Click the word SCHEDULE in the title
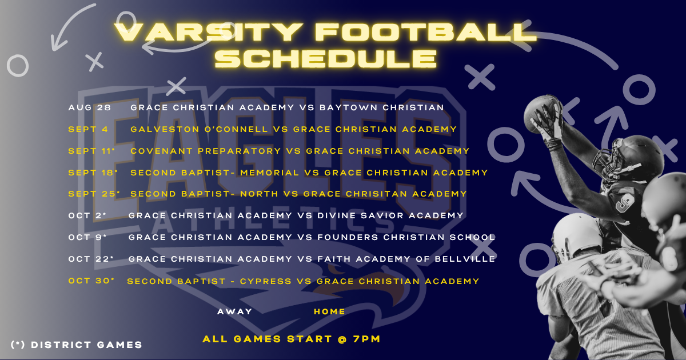coord(325,58)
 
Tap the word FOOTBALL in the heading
coord(426,32)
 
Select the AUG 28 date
coord(89,107)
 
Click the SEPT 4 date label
coord(88,129)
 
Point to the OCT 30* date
coord(91,281)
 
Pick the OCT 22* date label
coord(91,259)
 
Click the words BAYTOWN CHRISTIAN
coord(382,107)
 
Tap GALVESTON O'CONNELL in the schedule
coord(199,129)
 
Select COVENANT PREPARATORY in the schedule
coord(205,151)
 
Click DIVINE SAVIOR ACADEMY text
coord(390,215)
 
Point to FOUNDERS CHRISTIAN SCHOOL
coord(406,237)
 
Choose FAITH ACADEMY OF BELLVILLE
coord(406,259)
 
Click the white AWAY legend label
coord(234,311)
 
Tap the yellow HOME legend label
coord(329,311)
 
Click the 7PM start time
coord(366,339)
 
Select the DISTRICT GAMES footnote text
coord(87,345)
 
